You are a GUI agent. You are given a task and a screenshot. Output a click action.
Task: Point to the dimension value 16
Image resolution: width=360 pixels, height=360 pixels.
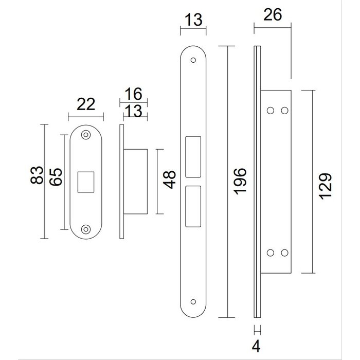[133, 94]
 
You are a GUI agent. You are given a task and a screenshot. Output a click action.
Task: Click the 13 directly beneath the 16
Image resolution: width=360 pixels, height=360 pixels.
[133, 111]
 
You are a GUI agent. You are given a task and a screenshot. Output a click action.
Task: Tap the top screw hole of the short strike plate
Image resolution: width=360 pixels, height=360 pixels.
[85, 136]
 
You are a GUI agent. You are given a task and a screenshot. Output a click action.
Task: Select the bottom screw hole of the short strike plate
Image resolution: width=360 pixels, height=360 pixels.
[85, 229]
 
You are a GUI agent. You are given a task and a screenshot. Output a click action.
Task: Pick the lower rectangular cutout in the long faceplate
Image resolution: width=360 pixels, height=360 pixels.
[193, 206]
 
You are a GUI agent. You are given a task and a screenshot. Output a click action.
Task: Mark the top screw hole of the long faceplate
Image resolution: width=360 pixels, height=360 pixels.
[193, 60]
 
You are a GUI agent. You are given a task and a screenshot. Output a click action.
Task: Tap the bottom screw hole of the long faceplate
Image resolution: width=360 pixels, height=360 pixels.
[193, 302]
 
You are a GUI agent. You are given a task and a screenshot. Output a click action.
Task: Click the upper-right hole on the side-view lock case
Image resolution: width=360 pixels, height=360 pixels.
[283, 110]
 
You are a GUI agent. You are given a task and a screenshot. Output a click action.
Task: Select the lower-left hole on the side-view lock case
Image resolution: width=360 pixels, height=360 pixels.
[271, 253]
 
